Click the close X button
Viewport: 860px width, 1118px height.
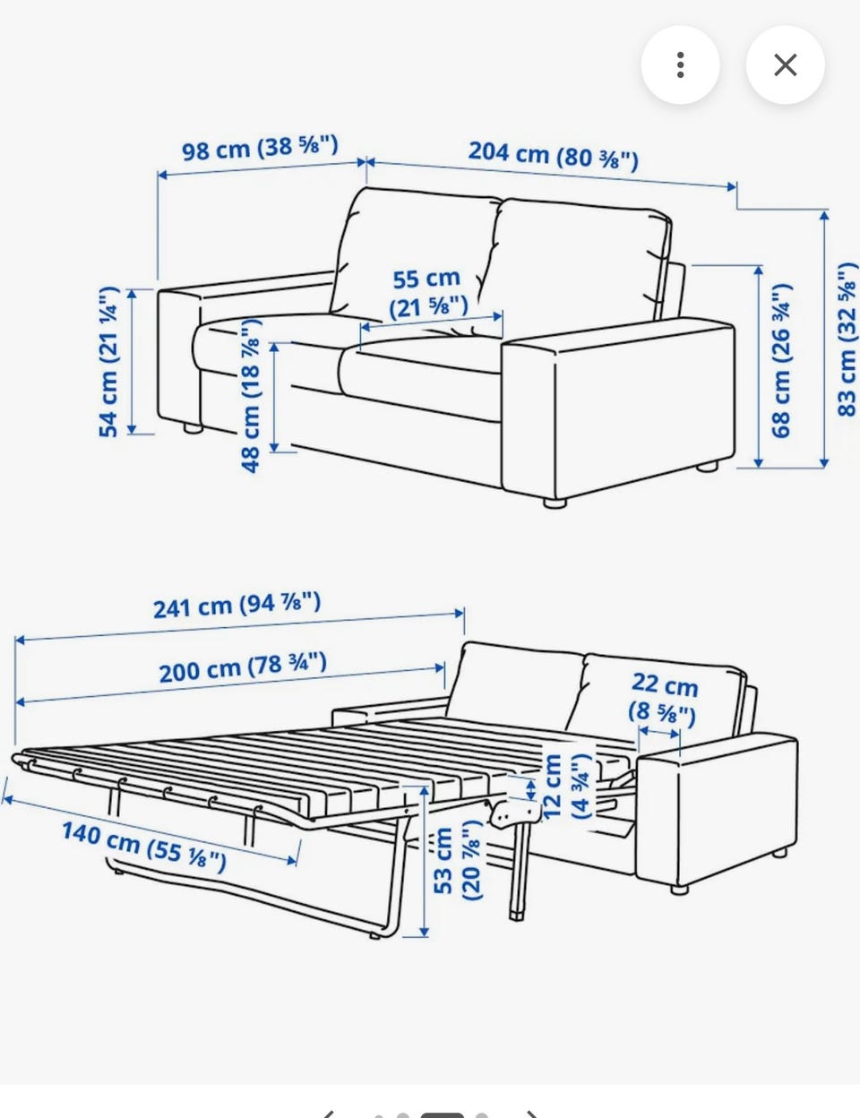[x=785, y=65]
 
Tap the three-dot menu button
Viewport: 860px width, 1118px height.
[x=680, y=65]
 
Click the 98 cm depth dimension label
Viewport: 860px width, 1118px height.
[x=261, y=148]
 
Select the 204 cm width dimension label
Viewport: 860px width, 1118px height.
[x=553, y=155]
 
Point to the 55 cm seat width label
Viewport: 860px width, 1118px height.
[x=428, y=293]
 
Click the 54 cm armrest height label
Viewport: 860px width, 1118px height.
[x=109, y=361]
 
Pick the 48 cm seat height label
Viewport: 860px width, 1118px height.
[x=251, y=395]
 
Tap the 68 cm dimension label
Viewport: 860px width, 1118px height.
[x=780, y=360]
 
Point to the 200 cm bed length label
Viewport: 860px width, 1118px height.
[x=243, y=666]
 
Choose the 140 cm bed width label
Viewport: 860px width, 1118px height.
[x=144, y=846]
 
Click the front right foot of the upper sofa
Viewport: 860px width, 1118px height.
[x=555, y=503]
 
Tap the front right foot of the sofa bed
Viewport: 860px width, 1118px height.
[x=679, y=889]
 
